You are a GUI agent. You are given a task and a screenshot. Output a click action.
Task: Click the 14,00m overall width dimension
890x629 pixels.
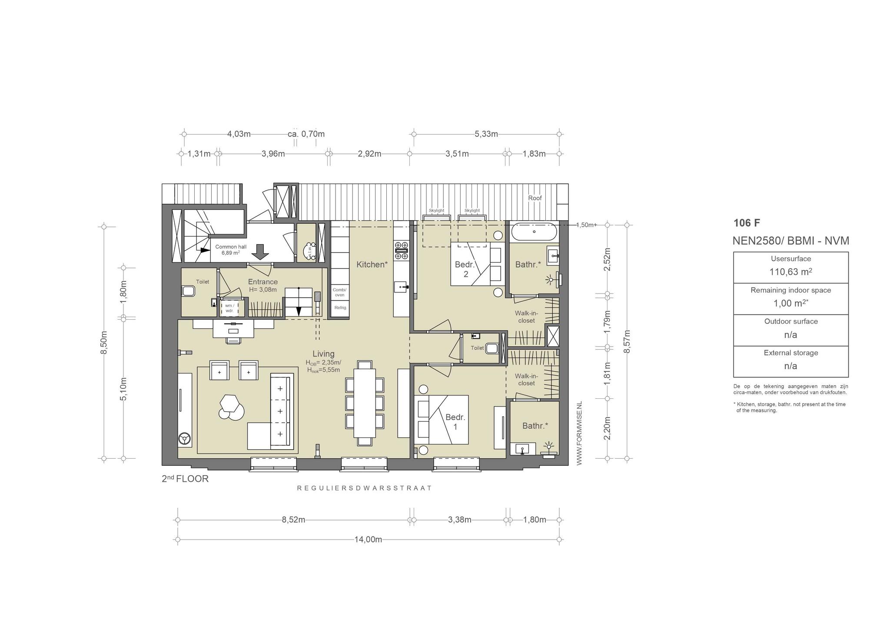tap(369, 540)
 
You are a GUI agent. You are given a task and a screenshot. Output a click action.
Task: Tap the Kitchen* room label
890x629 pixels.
tap(372, 264)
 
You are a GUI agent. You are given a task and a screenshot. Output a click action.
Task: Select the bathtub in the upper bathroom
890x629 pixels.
tap(534, 232)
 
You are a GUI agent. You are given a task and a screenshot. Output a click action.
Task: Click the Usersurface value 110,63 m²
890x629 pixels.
tap(790, 272)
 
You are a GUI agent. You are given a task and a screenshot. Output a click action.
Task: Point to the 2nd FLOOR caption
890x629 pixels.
tap(185, 479)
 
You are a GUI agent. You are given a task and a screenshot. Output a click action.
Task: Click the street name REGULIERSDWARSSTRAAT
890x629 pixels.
tap(364, 488)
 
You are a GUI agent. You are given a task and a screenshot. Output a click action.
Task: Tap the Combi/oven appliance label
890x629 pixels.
tap(339, 292)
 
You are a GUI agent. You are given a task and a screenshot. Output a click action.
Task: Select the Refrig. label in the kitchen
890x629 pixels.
tap(340, 308)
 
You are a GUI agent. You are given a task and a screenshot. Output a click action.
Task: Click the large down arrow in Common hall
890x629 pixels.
tap(260, 251)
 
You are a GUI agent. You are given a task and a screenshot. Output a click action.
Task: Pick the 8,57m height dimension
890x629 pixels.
tap(626, 341)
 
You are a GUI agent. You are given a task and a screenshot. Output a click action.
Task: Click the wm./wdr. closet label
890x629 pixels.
tap(229, 308)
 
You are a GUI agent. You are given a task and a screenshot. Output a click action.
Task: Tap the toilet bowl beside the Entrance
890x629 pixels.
tap(188, 291)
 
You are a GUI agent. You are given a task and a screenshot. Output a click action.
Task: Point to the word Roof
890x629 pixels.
tap(535, 198)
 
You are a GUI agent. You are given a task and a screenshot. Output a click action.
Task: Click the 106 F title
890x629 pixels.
tap(747, 223)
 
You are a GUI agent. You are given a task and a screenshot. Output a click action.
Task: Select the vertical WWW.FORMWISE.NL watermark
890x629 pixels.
tap(579, 434)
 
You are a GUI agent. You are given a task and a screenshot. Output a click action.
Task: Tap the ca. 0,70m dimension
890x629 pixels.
tap(306, 134)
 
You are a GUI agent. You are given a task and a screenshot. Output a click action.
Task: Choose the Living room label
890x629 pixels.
tap(324, 354)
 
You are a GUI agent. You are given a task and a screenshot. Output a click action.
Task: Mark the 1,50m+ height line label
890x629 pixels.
tap(586, 225)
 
